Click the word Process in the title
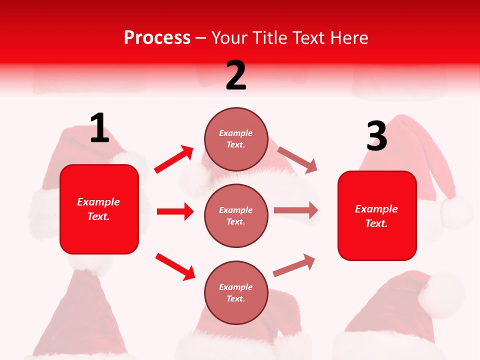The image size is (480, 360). coord(157,37)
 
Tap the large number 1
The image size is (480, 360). coord(99,128)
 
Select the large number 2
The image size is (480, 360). coord(236,75)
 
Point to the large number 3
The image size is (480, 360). coord(376,136)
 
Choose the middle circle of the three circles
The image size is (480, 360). coord(236,215)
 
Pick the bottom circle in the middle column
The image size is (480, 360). coord(236,292)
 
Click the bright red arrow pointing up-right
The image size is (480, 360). coord(174,159)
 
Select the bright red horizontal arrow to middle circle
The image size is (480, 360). coord(175,211)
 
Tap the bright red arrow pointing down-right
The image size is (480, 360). coord(175,266)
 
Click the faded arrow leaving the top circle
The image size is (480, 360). coord(297,159)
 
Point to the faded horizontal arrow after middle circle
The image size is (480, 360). coord(296,210)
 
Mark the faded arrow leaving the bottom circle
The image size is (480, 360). coord(294,265)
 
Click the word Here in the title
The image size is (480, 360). coord(349,37)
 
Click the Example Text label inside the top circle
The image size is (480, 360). coord(236,139)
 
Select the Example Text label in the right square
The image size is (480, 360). coord(376,216)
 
